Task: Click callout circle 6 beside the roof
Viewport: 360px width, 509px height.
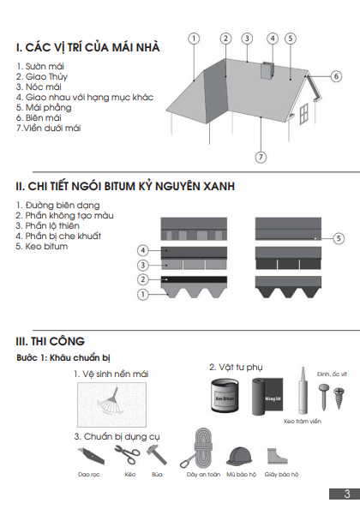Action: [x=336, y=76]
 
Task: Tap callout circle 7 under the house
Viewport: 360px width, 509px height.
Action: [x=261, y=158]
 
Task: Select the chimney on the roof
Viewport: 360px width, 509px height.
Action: [x=267, y=70]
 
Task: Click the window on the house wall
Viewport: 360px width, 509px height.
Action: [x=303, y=113]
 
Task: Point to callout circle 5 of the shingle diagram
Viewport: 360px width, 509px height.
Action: [x=339, y=238]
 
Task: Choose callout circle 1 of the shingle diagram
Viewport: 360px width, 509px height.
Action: [x=143, y=295]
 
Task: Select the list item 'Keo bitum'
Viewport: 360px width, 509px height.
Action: [x=41, y=247]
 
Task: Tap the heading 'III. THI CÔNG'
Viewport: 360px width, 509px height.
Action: [x=50, y=341]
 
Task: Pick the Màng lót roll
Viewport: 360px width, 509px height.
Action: [x=267, y=397]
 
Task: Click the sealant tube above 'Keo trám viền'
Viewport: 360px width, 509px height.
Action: [x=303, y=391]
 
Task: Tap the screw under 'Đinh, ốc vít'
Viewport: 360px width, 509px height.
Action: [x=339, y=398]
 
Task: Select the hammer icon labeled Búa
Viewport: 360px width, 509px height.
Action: [x=157, y=454]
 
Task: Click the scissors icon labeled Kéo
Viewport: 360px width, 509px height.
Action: [x=127, y=454]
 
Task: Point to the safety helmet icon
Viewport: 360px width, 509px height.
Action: [x=239, y=457]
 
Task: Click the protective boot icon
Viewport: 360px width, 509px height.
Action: [x=277, y=456]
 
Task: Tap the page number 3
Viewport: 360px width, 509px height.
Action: [x=347, y=494]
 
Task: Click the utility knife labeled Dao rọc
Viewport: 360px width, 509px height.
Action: [x=91, y=455]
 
